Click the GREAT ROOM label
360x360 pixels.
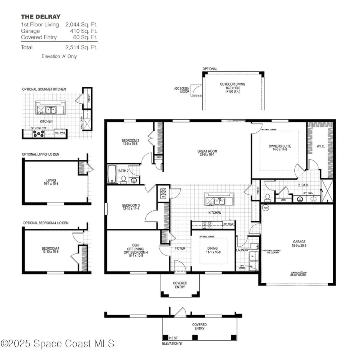[x=207, y=152]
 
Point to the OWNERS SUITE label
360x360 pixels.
[x=280, y=146]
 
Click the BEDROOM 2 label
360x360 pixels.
[x=130, y=140]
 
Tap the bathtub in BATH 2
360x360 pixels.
[x=112, y=175]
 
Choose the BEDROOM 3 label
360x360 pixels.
[x=130, y=206]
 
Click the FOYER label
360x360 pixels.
[x=180, y=248]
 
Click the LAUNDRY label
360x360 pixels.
[x=243, y=250]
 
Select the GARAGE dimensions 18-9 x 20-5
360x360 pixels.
[x=299, y=246]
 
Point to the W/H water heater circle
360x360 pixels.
[x=265, y=208]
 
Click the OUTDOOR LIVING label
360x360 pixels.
[x=232, y=84]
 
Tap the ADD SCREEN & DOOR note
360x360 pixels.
[x=182, y=90]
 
